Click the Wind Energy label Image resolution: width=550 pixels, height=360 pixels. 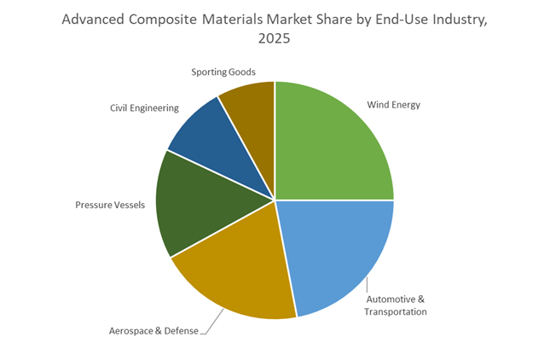[393, 106]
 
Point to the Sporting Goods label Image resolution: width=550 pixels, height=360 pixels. [223, 72]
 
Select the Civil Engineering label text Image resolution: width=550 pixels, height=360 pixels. [144, 108]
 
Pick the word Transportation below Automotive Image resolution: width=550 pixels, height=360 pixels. [395, 312]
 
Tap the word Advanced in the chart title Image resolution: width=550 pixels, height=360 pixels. [91, 19]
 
